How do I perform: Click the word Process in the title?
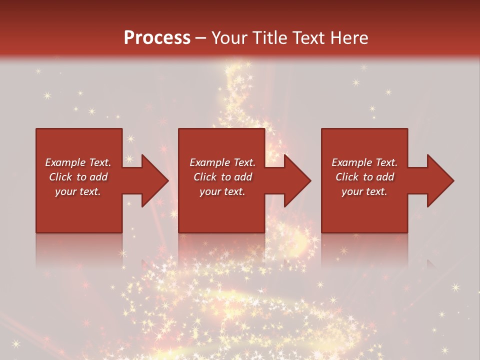(x=157, y=38)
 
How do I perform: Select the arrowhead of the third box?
(x=439, y=180)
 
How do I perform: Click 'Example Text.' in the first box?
(x=78, y=162)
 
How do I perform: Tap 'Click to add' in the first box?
(x=78, y=177)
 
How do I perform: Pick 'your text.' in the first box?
(x=78, y=191)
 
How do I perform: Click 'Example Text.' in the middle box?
(x=222, y=162)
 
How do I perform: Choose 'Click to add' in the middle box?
(x=222, y=177)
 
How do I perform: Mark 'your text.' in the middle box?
(x=222, y=191)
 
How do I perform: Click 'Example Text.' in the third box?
(x=364, y=162)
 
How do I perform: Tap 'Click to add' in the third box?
(x=364, y=177)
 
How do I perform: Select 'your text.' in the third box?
(x=364, y=191)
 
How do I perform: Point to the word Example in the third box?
(x=352, y=162)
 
